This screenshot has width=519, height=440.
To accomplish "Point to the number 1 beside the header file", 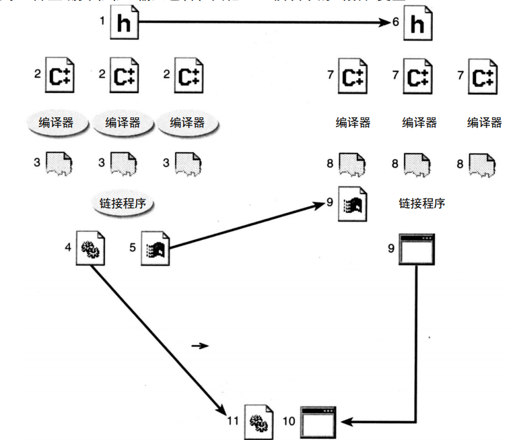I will pos(102,21).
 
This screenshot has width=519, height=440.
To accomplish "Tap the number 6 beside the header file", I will pos(396,22).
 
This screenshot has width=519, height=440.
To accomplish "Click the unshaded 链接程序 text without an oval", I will pos(421,203).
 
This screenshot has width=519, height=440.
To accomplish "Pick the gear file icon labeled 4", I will pos(90,247).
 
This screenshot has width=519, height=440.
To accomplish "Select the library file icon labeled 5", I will pos(155,249).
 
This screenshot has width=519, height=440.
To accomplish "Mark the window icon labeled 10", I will pos(318,422).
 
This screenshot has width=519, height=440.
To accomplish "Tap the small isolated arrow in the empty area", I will pos(199,346).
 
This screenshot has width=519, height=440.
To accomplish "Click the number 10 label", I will pos(289,420).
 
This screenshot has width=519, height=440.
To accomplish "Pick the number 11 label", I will pos(233,420).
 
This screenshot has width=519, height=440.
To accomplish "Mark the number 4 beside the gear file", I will pos(68,247).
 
